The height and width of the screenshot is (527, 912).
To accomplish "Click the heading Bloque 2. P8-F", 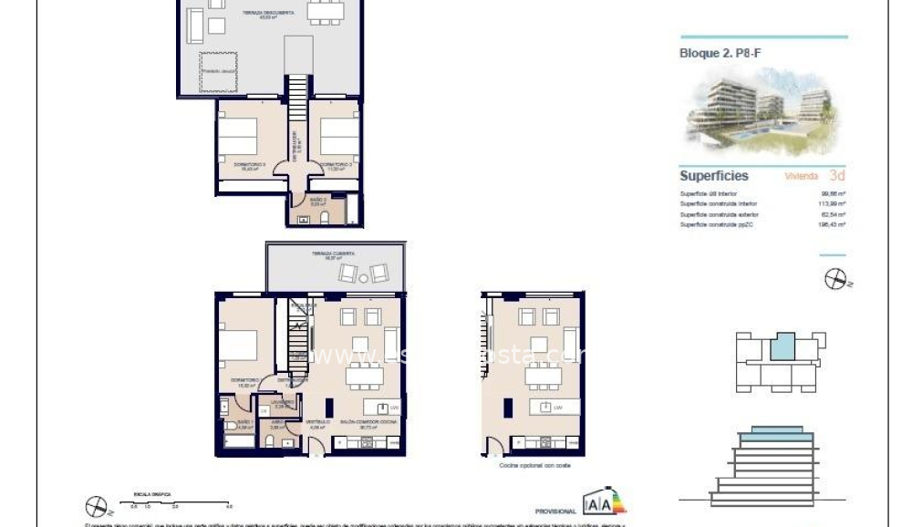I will [720, 53].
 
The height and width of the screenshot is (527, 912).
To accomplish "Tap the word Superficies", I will [714, 176].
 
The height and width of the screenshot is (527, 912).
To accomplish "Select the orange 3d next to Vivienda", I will [837, 176].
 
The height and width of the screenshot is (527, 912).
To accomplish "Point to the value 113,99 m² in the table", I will [833, 203].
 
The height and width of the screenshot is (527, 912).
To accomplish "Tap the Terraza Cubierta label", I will [333, 254].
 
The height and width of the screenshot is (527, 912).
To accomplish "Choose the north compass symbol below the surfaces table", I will [836, 280].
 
